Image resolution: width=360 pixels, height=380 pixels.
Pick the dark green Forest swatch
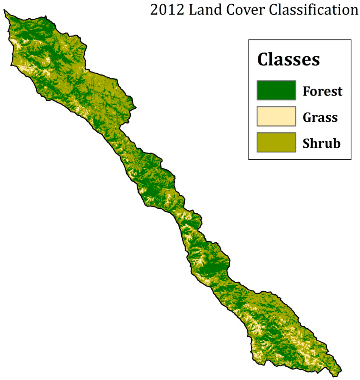point(276,90)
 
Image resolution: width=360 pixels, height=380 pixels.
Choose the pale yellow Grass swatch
point(276,116)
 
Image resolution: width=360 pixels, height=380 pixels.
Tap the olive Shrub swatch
point(276,142)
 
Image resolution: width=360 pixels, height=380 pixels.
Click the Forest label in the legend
point(322,91)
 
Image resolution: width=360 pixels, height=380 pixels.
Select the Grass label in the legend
point(320,118)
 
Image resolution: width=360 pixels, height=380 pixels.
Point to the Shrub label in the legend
point(321,144)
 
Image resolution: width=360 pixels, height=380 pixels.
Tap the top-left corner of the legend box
point(249,40)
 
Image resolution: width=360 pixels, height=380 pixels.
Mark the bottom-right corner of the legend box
point(351,159)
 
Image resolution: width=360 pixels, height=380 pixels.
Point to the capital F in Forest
point(306,91)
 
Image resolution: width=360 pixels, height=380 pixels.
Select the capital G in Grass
point(307,118)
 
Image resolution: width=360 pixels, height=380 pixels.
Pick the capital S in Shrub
point(306,144)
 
